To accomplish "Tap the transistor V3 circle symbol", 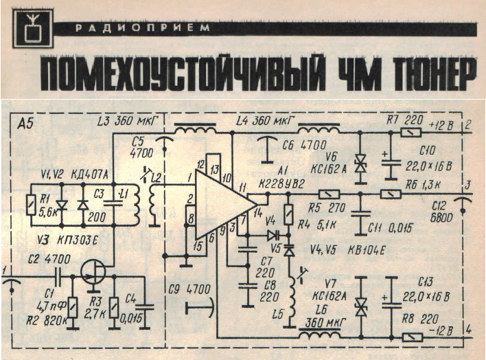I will pyautogui.click(x=93, y=273).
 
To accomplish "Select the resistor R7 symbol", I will pyautogui.click(x=411, y=133).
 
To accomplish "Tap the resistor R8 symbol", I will pyautogui.click(x=411, y=337).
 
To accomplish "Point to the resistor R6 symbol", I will pyautogui.click(x=389, y=195).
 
